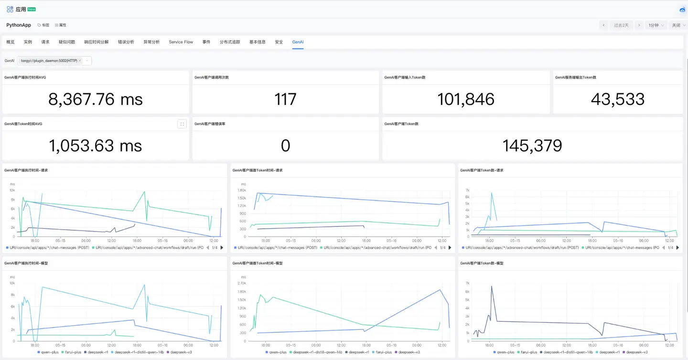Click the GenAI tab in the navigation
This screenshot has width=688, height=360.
point(298,42)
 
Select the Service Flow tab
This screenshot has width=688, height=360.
point(181,42)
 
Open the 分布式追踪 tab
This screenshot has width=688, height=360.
point(230,42)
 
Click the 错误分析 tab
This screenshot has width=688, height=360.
point(126,42)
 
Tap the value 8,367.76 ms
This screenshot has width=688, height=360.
point(96,99)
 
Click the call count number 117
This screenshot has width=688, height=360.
point(285,99)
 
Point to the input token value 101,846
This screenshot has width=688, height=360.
point(465,99)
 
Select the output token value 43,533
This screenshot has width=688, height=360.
point(617,99)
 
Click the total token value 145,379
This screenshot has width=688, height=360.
point(532,146)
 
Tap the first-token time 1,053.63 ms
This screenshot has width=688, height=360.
point(96,146)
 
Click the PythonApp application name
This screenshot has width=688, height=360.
point(19,25)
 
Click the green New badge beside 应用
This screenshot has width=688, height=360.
point(32,9)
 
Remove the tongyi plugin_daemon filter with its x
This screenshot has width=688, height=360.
point(80,61)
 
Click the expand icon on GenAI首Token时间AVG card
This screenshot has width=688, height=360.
point(182,124)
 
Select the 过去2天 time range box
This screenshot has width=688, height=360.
point(621,25)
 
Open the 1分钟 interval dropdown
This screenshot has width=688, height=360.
point(656,25)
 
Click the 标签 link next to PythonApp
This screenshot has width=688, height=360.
point(43,25)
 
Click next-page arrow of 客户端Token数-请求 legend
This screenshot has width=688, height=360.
point(677,248)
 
